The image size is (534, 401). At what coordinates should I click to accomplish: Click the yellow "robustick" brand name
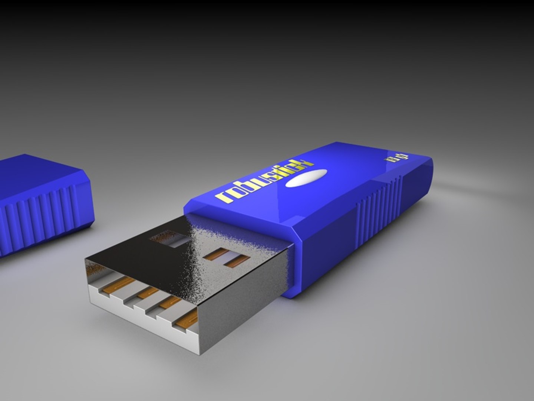(x=265, y=182)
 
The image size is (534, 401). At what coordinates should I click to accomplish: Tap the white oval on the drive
(x=309, y=178)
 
